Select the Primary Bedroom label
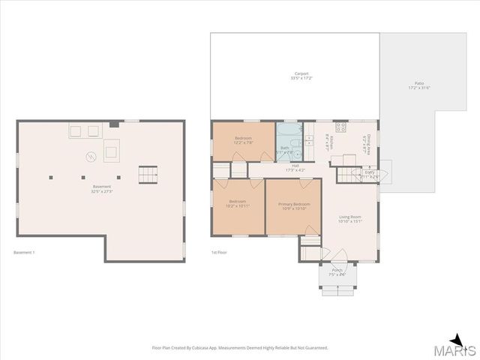(293, 206)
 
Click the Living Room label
(349, 219)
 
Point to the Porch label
(337, 272)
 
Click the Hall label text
(295, 168)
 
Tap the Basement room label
(102, 188)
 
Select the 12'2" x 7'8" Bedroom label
(243, 140)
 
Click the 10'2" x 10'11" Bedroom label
(237, 204)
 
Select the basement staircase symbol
(148, 175)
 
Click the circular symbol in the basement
(90, 156)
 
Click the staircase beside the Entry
(346, 175)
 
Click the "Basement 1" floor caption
(24, 252)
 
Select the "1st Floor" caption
(219, 252)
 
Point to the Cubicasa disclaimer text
(239, 348)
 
